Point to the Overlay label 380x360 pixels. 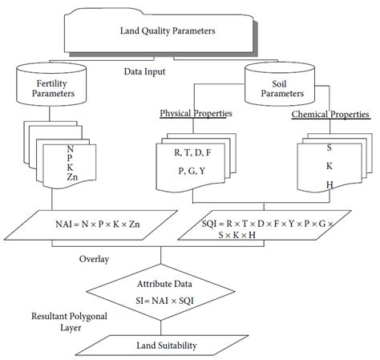(x=94, y=260)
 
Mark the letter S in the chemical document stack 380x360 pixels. (x=329, y=147)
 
